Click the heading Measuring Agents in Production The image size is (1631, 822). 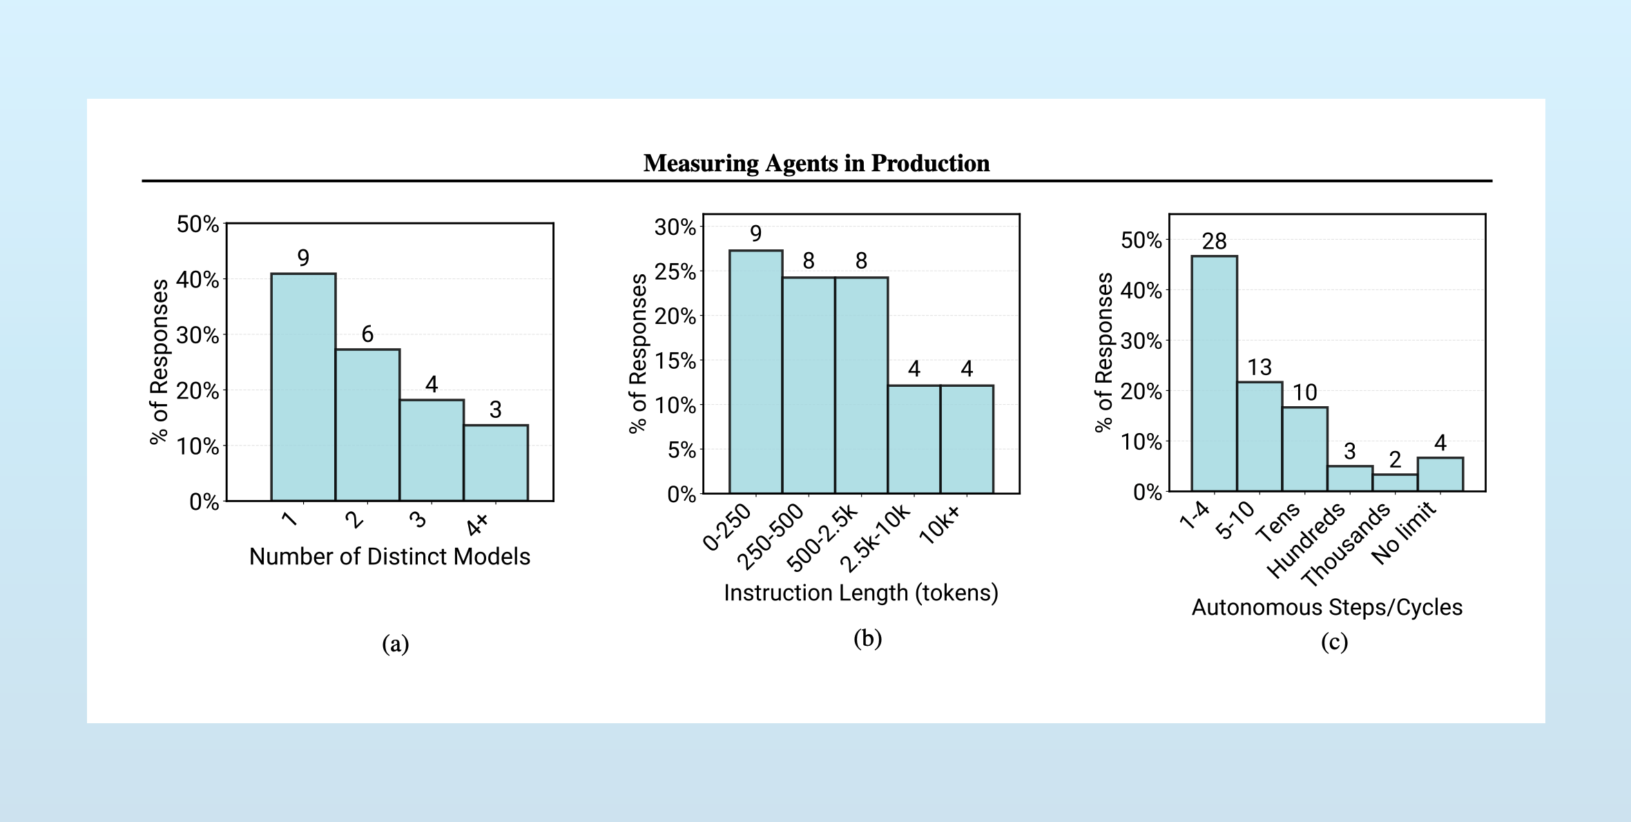click(x=816, y=163)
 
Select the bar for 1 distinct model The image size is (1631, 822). click(x=303, y=387)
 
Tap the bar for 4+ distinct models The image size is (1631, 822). click(x=496, y=463)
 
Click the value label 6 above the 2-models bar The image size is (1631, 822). click(x=367, y=334)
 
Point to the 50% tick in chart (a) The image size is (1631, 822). click(x=197, y=224)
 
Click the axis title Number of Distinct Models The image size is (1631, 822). click(x=389, y=557)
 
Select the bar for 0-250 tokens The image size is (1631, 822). click(x=755, y=373)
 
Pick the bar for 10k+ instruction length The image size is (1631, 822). click(x=967, y=439)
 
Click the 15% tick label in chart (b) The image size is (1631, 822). click(x=675, y=361)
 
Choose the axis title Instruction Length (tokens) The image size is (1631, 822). click(x=861, y=593)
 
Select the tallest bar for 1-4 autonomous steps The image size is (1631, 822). click(x=1214, y=373)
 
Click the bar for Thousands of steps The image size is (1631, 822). click(x=1395, y=483)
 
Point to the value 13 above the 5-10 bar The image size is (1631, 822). click(x=1260, y=367)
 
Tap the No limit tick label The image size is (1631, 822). click(x=1404, y=533)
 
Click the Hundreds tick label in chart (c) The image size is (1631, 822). click(x=1306, y=540)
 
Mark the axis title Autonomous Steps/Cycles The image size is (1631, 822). click(x=1326, y=607)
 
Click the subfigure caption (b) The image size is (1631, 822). click(x=867, y=638)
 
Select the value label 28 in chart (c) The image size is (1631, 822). click(x=1214, y=241)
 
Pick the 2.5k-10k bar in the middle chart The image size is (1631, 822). click(x=914, y=439)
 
